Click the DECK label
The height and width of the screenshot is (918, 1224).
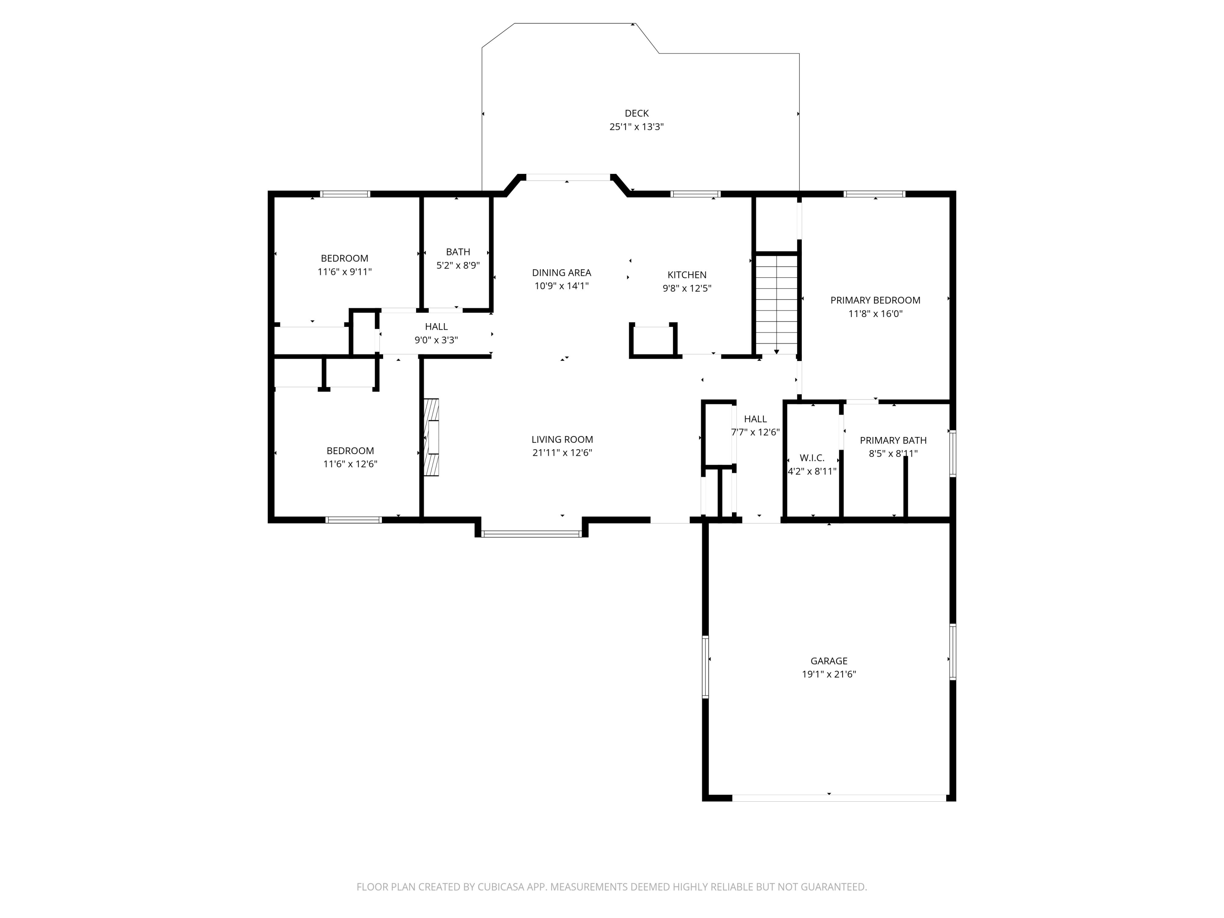[x=636, y=113]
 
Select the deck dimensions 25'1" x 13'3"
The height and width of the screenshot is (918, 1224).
[x=636, y=127]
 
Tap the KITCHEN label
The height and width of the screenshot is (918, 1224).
[x=687, y=275]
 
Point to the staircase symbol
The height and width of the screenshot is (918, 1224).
[x=777, y=304]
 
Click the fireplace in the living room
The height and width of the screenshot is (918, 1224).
[x=431, y=437]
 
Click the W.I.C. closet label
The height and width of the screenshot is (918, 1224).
[x=812, y=458]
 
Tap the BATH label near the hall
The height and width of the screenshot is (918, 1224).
[x=458, y=252]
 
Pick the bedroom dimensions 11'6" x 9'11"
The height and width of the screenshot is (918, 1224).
[x=344, y=272]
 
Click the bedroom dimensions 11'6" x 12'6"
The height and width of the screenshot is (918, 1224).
[x=350, y=464]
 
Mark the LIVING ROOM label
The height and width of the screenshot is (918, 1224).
[x=562, y=439]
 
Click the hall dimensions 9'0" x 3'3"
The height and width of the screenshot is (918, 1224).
[x=436, y=340]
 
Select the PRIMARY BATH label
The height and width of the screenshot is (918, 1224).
[x=893, y=441]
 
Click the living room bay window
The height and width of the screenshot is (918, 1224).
[x=531, y=534]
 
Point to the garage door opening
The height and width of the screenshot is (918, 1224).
[x=839, y=798]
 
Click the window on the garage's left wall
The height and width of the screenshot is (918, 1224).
[x=705, y=667]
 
